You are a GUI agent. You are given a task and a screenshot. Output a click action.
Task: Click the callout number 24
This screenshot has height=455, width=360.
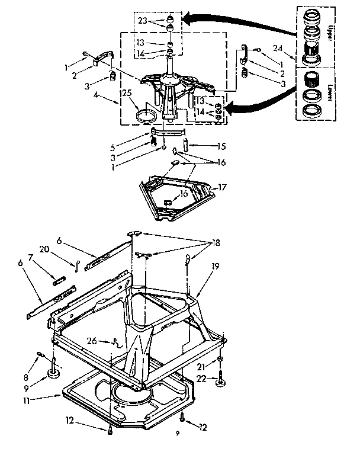point(278,48)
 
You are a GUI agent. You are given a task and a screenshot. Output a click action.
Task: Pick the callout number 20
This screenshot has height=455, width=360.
point(61,249)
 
